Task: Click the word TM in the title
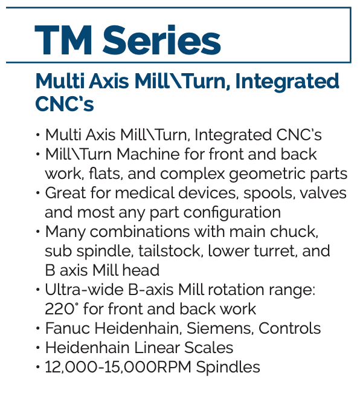(63, 40)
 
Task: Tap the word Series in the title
(162, 40)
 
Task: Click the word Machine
(148, 154)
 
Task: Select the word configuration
(233, 213)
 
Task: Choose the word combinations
(140, 232)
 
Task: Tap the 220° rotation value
(60, 310)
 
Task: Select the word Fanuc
(68, 328)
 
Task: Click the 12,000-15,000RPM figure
(118, 368)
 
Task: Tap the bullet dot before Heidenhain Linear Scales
(38, 348)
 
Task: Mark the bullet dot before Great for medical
(38, 193)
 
